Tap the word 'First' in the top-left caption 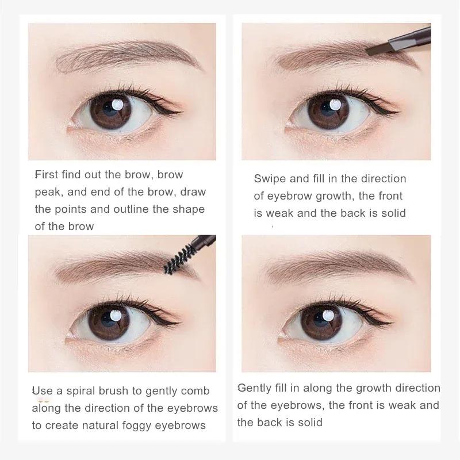[x=46, y=174]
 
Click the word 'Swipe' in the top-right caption [x=270, y=179]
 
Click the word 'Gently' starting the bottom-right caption [x=255, y=388]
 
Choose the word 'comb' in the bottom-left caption [x=196, y=391]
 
